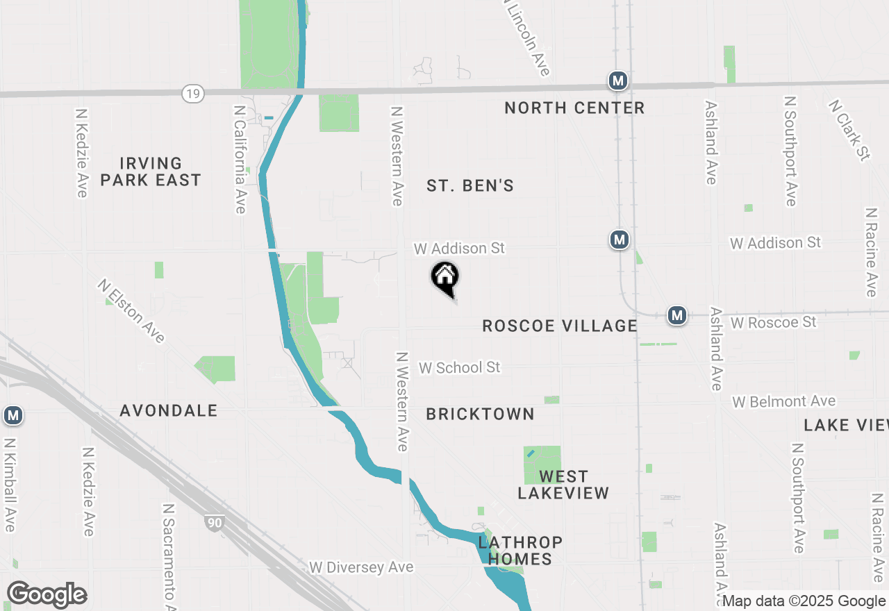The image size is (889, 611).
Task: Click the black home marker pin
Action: tap(445, 278)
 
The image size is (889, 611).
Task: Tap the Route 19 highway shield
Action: tap(192, 93)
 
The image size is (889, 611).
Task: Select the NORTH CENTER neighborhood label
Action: tap(574, 108)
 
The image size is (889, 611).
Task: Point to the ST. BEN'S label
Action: tap(470, 185)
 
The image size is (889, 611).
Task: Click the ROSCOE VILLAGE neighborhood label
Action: tap(560, 326)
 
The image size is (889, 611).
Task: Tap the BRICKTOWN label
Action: tap(480, 414)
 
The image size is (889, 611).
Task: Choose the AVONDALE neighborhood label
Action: tap(169, 410)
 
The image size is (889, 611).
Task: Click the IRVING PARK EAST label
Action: tap(151, 171)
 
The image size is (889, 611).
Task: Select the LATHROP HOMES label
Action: tap(520, 550)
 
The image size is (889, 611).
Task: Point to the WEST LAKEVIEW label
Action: tap(563, 485)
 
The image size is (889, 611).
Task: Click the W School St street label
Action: tap(459, 367)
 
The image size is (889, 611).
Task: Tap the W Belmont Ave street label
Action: tap(784, 401)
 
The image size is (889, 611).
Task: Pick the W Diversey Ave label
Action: tap(361, 567)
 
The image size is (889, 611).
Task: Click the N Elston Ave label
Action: tap(131, 310)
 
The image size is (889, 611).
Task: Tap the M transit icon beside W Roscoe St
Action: tap(677, 316)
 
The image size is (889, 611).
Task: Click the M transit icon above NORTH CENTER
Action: tap(617, 81)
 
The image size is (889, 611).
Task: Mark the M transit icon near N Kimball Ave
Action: tap(13, 416)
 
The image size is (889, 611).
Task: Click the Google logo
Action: tap(47, 594)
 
